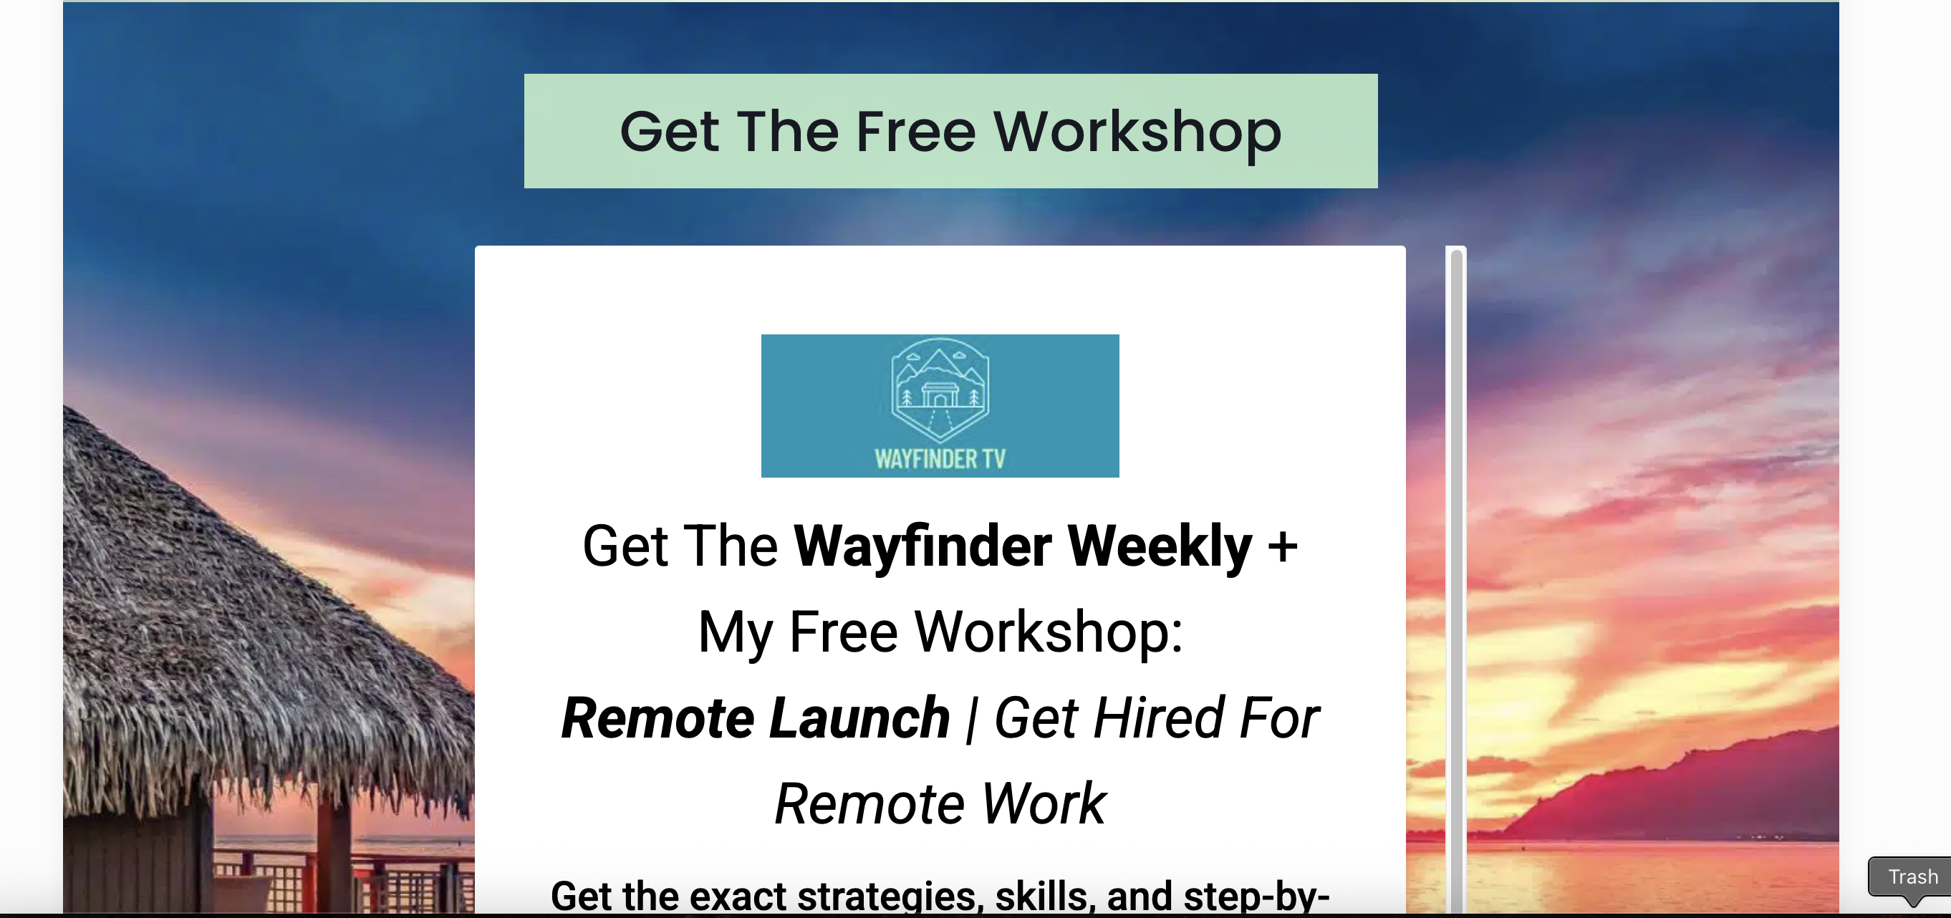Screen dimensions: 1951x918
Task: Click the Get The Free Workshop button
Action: [x=950, y=131]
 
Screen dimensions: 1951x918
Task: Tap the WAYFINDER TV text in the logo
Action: [x=940, y=459]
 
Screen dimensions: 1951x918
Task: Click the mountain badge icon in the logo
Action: [x=940, y=390]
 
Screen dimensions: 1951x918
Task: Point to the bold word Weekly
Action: [x=1160, y=547]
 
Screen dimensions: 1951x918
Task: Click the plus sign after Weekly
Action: [x=1283, y=547]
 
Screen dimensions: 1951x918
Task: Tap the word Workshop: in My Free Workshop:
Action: [x=1049, y=632]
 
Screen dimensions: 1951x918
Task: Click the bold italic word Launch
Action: [x=859, y=718]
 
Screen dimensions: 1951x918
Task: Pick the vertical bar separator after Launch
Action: [x=972, y=720]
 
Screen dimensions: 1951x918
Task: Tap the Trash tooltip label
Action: [x=1912, y=876]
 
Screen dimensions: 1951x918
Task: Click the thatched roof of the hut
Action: [x=250, y=621]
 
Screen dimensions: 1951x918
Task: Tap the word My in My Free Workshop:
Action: [x=735, y=633]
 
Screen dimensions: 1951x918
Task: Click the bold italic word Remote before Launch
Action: [x=657, y=718]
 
